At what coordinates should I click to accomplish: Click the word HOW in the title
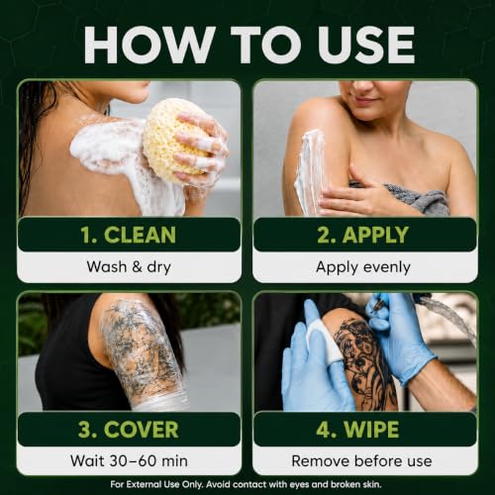(148, 45)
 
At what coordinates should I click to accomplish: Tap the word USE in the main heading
(366, 45)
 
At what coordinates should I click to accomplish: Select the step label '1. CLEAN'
(129, 235)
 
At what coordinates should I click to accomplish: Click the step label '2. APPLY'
(363, 235)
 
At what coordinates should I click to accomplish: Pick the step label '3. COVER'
(129, 430)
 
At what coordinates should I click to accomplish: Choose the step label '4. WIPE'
(357, 430)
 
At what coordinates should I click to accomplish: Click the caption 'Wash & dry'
(129, 266)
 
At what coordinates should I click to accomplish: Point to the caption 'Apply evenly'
(363, 267)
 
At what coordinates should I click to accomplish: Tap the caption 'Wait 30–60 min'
(129, 460)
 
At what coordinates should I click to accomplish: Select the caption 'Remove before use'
(361, 461)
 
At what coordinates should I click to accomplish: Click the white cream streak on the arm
(310, 171)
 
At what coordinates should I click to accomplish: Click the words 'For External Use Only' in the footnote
(157, 485)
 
